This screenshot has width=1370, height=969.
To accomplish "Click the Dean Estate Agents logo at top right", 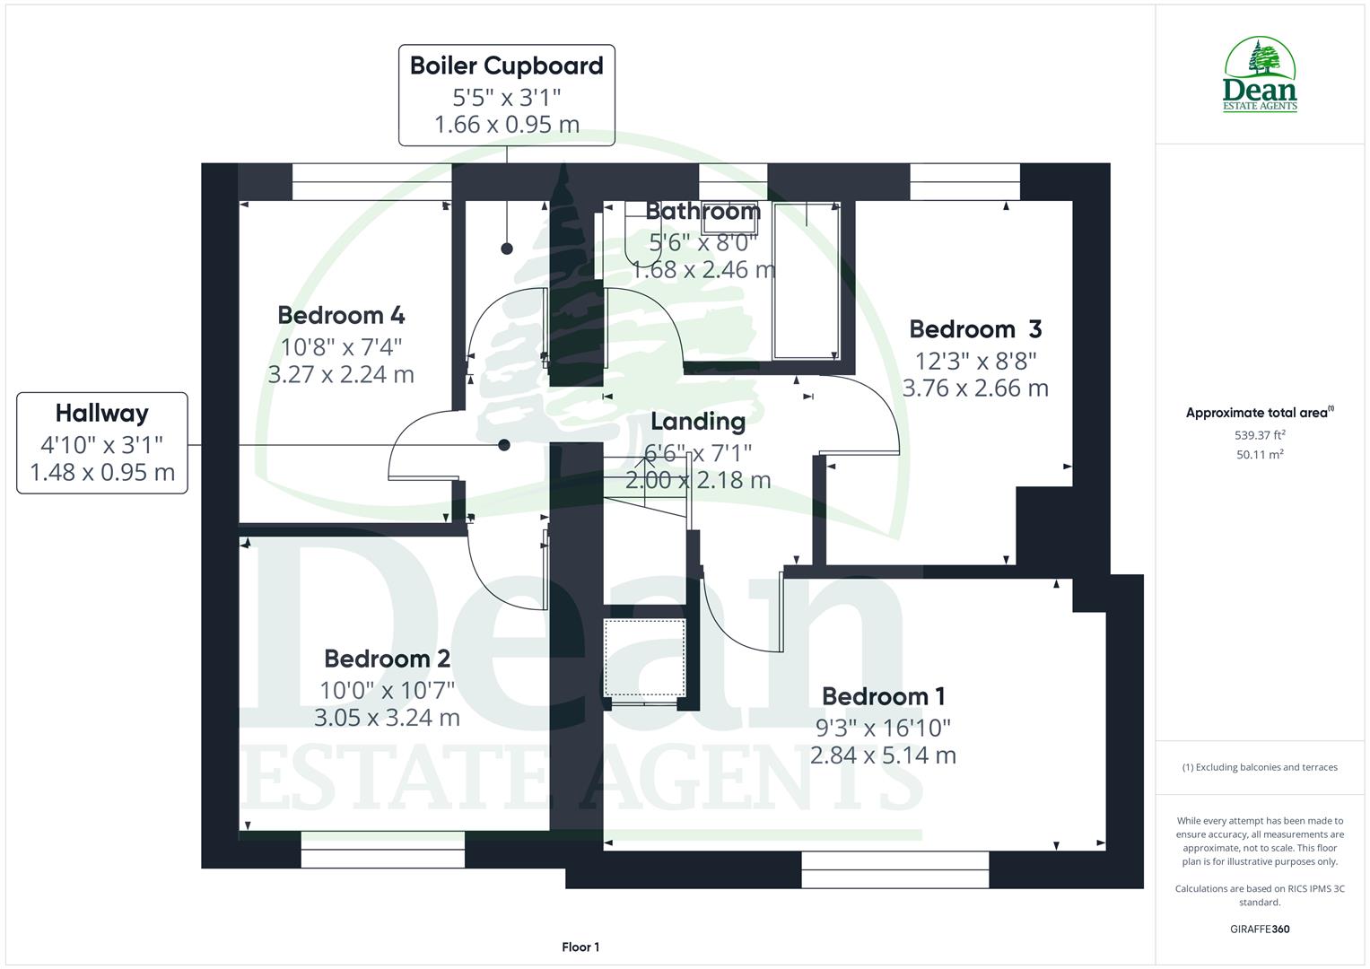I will (x=1261, y=75).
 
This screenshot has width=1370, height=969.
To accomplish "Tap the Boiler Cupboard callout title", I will (x=507, y=65).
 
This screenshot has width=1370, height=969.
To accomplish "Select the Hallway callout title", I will (x=101, y=414).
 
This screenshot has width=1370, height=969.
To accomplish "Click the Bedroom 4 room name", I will (x=341, y=316).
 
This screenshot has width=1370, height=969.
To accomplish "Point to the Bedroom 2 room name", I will (x=387, y=659).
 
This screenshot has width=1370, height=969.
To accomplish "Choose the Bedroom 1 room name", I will (x=883, y=697).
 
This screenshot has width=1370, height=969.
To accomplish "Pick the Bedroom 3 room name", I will (x=975, y=329).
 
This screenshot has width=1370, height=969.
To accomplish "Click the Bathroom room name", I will (x=703, y=212).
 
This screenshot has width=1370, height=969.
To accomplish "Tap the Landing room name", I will (x=698, y=422).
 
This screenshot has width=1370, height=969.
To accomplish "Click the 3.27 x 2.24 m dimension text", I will (x=341, y=375).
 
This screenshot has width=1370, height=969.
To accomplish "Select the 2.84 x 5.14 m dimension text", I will (x=883, y=755).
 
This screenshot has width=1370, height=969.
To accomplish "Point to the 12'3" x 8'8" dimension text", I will (x=975, y=361).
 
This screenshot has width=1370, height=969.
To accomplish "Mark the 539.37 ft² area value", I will (x=1260, y=435).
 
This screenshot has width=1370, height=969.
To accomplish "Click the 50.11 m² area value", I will (x=1260, y=455).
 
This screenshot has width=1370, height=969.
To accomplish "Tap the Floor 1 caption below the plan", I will (x=580, y=947).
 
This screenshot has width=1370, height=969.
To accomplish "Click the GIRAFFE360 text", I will (x=1260, y=930).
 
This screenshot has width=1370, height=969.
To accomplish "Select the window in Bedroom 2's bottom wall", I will (x=383, y=850).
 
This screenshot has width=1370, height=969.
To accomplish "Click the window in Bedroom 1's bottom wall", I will (x=895, y=869).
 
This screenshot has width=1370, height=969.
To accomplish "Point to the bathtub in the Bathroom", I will (x=806, y=280).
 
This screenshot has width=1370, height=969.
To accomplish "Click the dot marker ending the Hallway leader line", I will (x=504, y=445).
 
